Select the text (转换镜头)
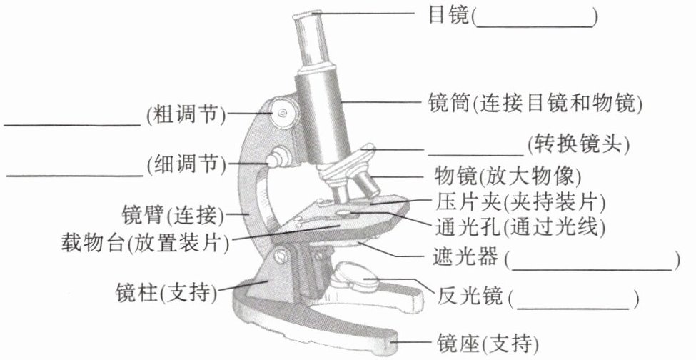[x=578, y=145]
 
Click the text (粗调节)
[x=185, y=114]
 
